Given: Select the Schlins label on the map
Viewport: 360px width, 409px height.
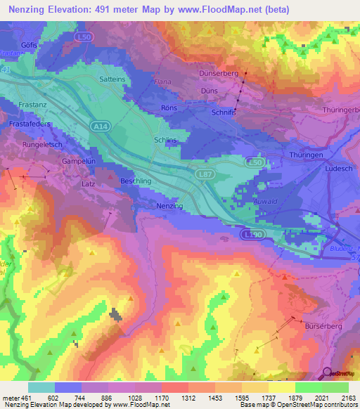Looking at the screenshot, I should click(166, 140).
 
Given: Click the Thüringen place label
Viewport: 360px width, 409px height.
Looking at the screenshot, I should click(305, 154).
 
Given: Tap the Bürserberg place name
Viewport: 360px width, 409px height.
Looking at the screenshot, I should click(323, 327).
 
